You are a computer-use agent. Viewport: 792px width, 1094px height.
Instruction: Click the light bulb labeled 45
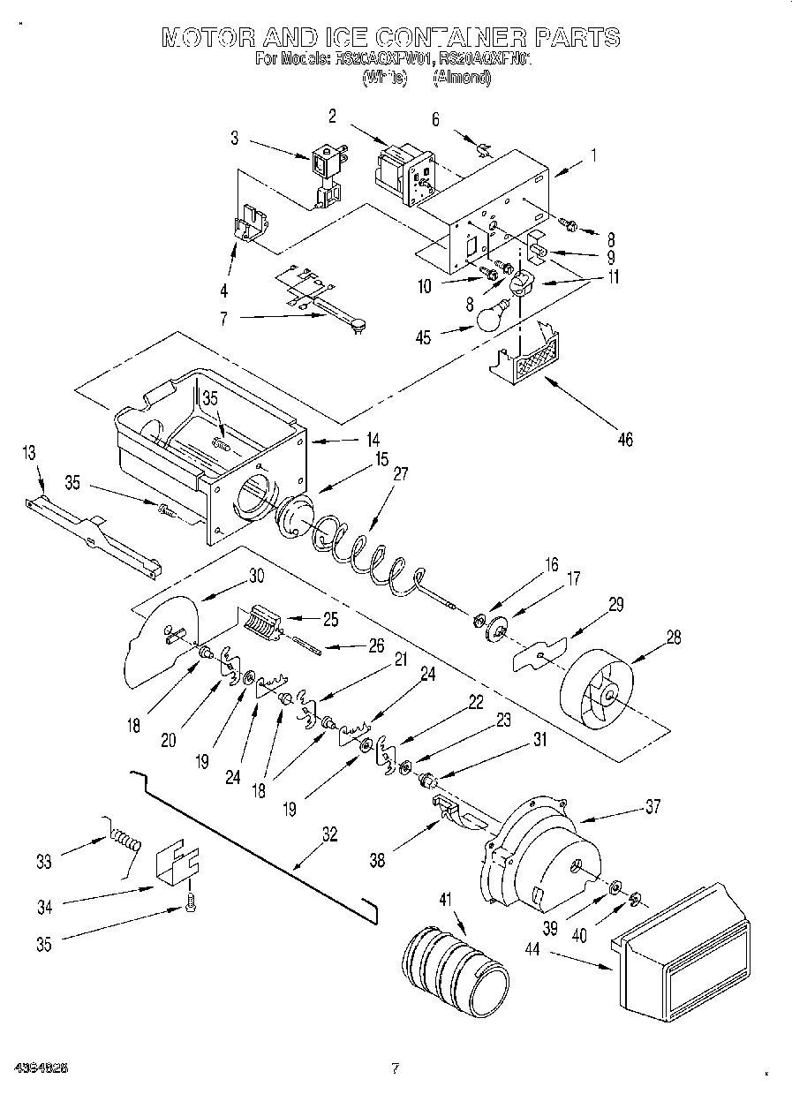(x=494, y=315)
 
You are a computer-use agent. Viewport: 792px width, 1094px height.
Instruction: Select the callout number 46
(x=624, y=439)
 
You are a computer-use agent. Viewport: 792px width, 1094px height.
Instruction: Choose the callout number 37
(x=652, y=804)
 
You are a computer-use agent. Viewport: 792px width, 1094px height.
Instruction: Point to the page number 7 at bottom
(x=395, y=1069)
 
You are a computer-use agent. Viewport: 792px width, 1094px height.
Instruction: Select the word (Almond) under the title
(x=461, y=78)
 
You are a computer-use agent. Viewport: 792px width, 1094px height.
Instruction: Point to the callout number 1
(x=593, y=155)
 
